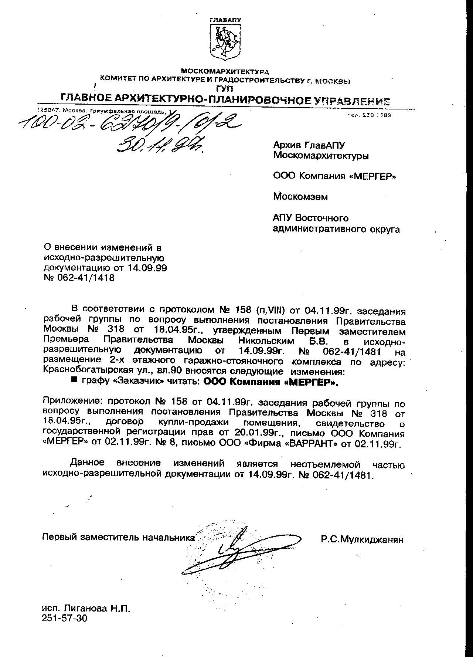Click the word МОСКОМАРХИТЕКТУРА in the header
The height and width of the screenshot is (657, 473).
[x=225, y=71]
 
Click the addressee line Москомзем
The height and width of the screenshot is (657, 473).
[x=300, y=196]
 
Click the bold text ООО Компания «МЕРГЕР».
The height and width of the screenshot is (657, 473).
[x=271, y=382]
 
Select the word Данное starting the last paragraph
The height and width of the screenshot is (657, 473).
[x=88, y=463]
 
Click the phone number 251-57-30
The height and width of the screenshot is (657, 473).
[x=65, y=618]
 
